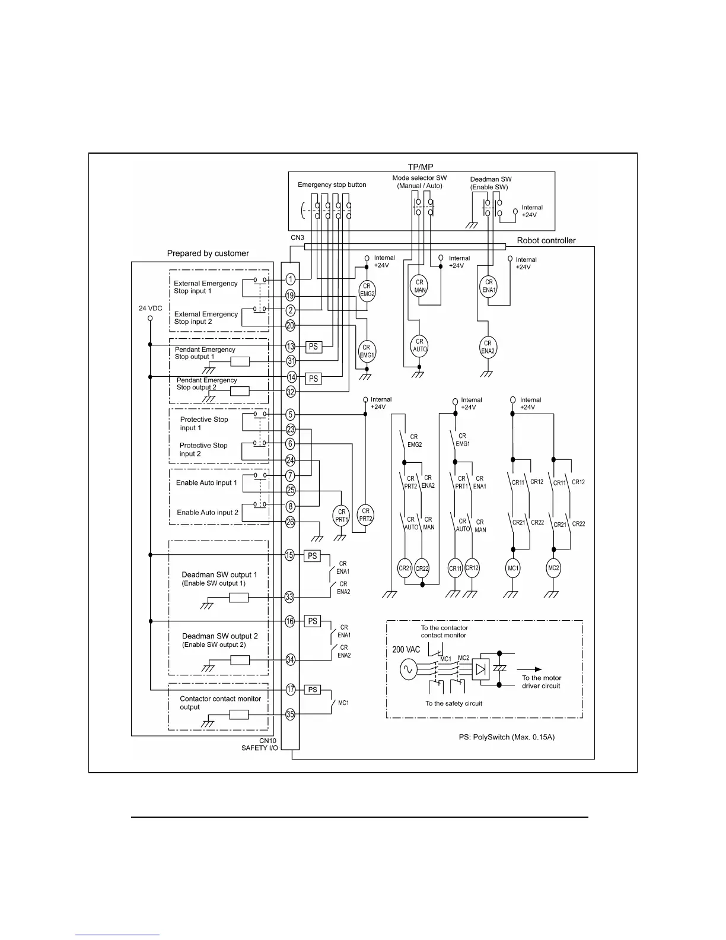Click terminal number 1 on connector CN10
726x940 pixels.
point(291,279)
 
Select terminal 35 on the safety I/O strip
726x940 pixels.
point(290,714)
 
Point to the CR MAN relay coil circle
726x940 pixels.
point(419,286)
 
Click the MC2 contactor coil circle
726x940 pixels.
point(553,568)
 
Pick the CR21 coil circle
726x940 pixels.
point(405,568)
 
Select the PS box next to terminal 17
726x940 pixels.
point(313,690)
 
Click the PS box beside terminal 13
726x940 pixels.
point(313,347)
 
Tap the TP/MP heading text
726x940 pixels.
point(421,167)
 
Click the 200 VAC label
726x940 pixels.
point(406,650)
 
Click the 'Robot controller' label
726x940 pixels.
point(546,241)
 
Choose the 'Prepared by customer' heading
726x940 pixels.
point(208,253)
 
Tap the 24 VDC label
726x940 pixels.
point(150,309)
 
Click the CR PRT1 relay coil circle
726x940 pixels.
point(341,516)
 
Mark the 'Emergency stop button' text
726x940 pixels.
point(332,185)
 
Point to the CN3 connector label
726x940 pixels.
point(297,238)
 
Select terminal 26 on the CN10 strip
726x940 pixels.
point(291,522)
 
